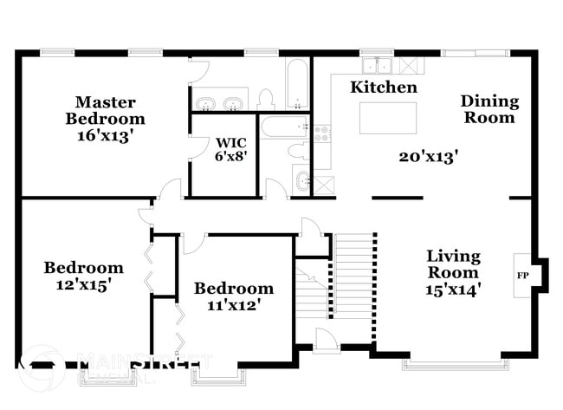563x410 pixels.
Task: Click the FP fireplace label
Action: (523, 276)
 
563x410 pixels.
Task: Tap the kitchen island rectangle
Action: (387, 118)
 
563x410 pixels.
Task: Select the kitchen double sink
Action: (377, 65)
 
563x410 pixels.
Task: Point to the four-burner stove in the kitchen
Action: (322, 133)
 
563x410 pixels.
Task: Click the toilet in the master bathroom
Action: (266, 100)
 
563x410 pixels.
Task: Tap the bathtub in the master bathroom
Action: (296, 83)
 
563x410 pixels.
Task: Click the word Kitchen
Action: (383, 88)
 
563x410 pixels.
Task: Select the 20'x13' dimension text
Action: (428, 157)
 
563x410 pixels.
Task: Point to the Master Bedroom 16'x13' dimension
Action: (105, 135)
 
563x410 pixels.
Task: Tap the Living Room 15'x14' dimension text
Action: (452, 289)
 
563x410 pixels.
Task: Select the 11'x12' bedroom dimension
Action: (233, 304)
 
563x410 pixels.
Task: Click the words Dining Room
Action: (489, 109)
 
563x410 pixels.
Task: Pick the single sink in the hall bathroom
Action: (301, 180)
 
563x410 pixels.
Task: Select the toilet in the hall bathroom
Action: (298, 150)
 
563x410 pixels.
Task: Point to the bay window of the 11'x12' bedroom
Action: (215, 374)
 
